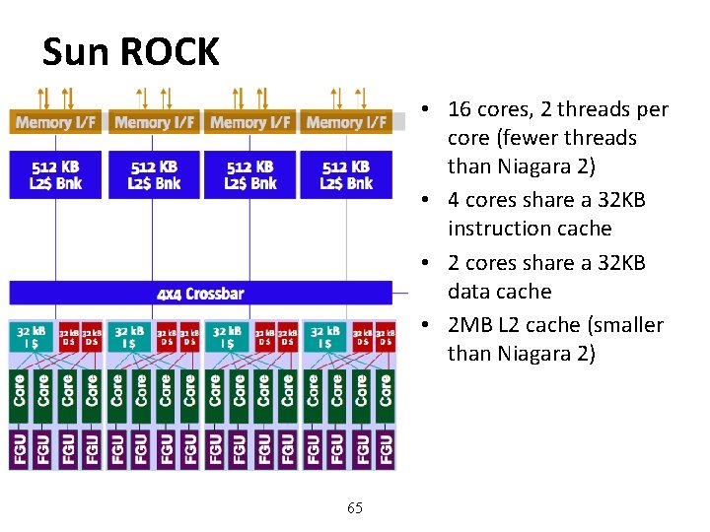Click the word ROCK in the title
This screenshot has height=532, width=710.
pos(170,51)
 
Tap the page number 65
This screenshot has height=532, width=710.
pos(355,508)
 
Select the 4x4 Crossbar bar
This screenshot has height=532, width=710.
pos(200,293)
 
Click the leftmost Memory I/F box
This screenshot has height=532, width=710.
pos(56,122)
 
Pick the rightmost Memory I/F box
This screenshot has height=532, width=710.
pos(346,122)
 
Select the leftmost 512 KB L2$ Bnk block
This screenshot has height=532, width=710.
pos(56,174)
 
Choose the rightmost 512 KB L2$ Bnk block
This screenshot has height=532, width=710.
pos(346,174)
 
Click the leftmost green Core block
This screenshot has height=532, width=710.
pos(20,391)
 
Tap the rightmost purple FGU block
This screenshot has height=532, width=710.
pos(386,448)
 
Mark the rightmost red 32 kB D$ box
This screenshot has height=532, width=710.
pos(386,337)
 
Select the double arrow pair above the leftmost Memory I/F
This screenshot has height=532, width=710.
pos(54,98)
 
